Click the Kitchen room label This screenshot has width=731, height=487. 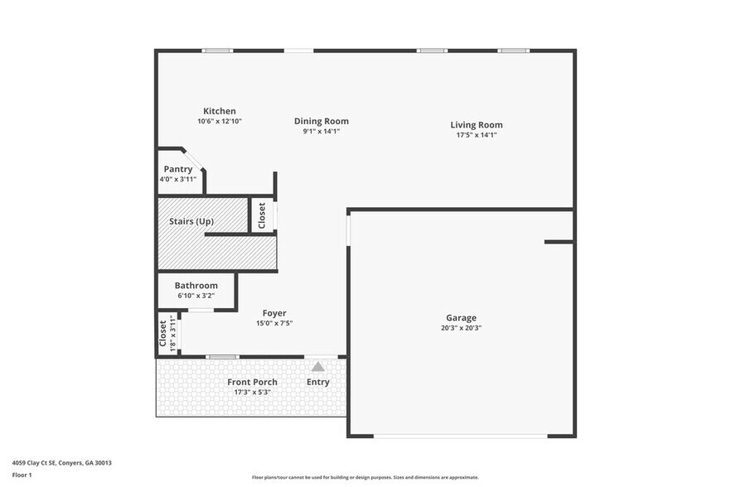pos(220,111)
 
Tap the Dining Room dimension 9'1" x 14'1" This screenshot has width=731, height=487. pos(321,131)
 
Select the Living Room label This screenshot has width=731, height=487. pos(476,125)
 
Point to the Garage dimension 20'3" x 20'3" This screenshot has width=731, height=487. pos(461,328)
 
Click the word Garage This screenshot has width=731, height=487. pos(461,318)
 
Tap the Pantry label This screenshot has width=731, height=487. pos(177,169)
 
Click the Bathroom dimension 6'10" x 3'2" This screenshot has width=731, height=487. pos(196,296)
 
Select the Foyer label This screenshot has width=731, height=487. pos(274,313)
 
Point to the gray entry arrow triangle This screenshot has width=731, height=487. pos(318,366)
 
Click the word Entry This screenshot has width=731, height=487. pos(318,382)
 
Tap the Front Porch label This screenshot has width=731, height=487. pos(252,382)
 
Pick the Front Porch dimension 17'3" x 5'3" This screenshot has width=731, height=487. pos(252,392)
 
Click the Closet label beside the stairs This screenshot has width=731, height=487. pos(262,215)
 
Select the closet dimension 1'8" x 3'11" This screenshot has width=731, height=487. pos(173,334)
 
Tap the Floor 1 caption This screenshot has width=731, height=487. pos(22,475)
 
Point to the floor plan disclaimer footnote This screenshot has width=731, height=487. pos(365,478)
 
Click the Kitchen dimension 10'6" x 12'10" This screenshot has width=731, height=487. pos(219,121)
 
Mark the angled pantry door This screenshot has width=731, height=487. pos(194,161)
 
